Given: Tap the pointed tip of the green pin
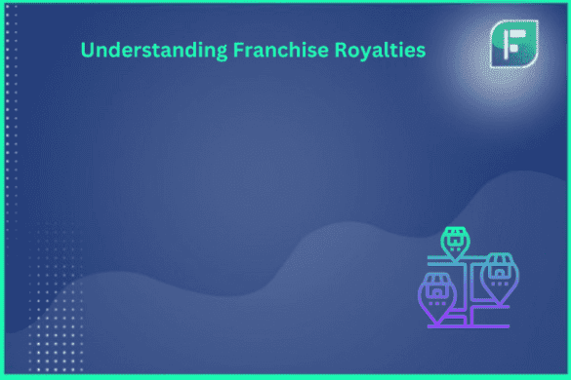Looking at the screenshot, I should [454, 259].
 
